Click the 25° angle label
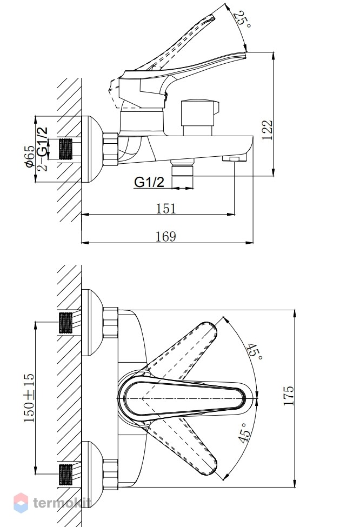pos(243,20)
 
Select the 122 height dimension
pos(268,130)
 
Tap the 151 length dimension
pos(166,209)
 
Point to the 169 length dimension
pos(166,237)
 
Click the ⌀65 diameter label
pos(29,156)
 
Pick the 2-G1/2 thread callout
pos(42,149)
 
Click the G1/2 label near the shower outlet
pos(149,182)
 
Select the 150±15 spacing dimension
pos(29,398)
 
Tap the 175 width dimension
pos(289,396)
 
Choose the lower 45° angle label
pos(245,432)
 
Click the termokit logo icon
pos(21,503)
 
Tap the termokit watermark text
pos(62,503)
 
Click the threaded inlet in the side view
pos(65,149)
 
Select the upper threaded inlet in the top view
pos(65,323)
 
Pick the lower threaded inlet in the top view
pos(65,474)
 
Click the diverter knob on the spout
pos(199,117)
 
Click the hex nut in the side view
pos(111,149)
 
